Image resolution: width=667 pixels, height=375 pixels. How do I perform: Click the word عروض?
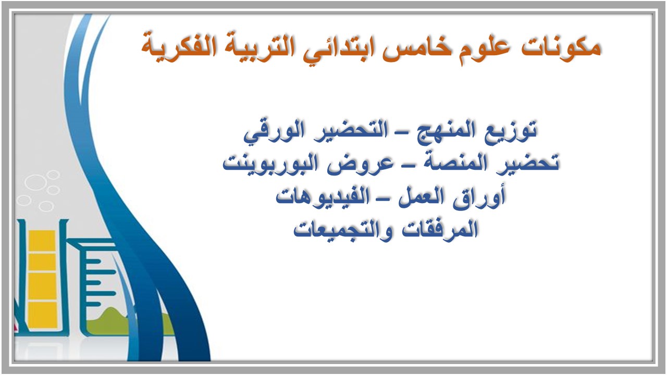click(367, 164)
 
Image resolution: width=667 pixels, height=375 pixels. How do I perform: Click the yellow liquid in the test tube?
click(41, 276)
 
